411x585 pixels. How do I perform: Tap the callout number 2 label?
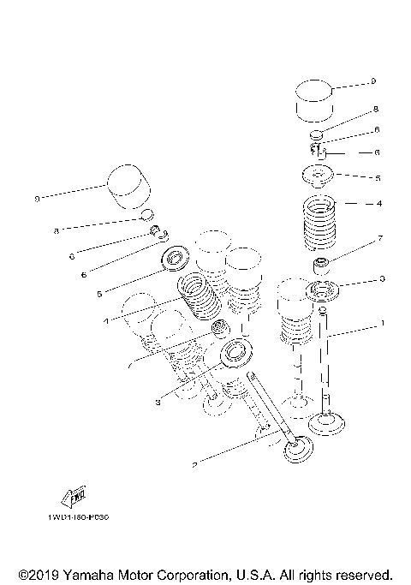pos(194,465)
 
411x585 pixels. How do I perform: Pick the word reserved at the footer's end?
pos(363,573)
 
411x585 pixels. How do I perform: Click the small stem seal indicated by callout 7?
pos(323,260)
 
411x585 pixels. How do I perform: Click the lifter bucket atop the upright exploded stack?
pos(313,101)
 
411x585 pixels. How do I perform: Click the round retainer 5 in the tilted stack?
pos(177,256)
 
